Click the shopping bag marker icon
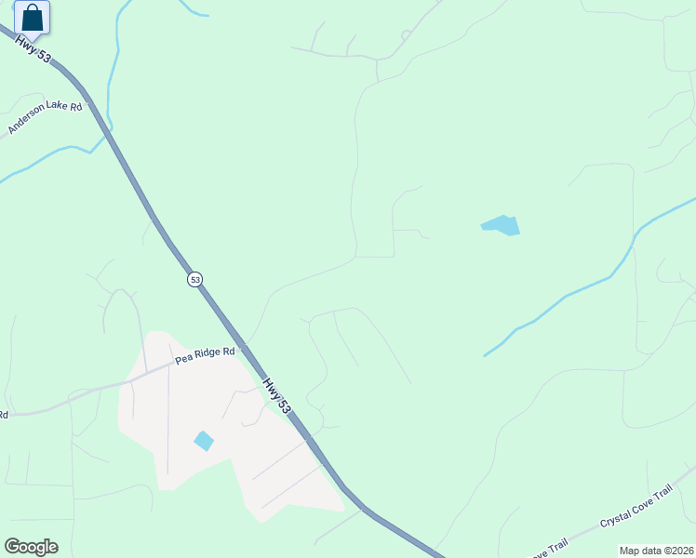pos(32,18)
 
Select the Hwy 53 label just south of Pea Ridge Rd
pos(274,392)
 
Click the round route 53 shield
pos(194,279)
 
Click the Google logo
pos(31,547)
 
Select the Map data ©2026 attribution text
pos(656,551)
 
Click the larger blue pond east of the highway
pos(502,225)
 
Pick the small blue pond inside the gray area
pos(203,440)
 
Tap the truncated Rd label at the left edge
pos(4,415)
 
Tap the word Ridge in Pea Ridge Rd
pos(209,355)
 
